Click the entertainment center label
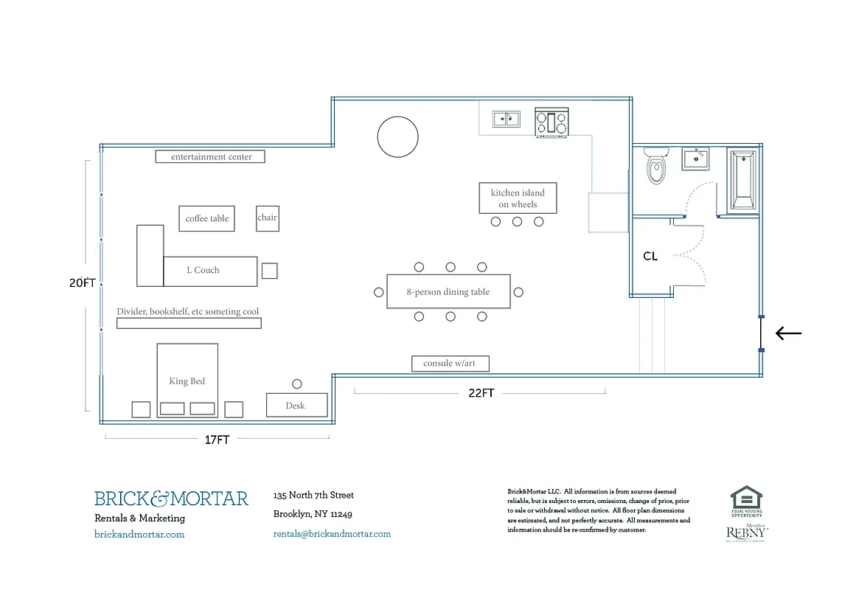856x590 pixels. pos(210,157)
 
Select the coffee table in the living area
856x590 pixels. pos(206,218)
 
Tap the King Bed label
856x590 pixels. pos(187,381)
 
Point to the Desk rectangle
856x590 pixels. pos(296,405)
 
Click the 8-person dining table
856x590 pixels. pos(448,291)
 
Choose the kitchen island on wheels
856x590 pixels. pos(518,198)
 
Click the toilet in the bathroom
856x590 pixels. pos(655,166)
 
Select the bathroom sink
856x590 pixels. pos(695,159)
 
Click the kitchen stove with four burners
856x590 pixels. pos(551,122)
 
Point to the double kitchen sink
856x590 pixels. pos(506,119)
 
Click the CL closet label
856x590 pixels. pos(650,257)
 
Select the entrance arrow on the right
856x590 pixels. pos(788,333)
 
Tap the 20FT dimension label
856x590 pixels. pos(83,282)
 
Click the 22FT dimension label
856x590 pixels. pos(481,393)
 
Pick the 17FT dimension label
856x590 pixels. pos(217,440)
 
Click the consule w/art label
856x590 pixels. pos(450,364)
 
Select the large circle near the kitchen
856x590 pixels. pos(397,137)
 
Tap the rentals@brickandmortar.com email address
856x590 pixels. pos(332,534)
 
